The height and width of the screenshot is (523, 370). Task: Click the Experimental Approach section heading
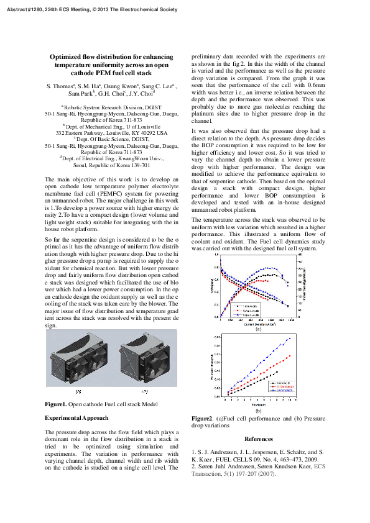coord(76,418)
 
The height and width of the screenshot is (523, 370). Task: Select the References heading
coord(258,439)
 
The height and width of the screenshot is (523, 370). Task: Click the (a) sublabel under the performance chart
coord(258,329)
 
